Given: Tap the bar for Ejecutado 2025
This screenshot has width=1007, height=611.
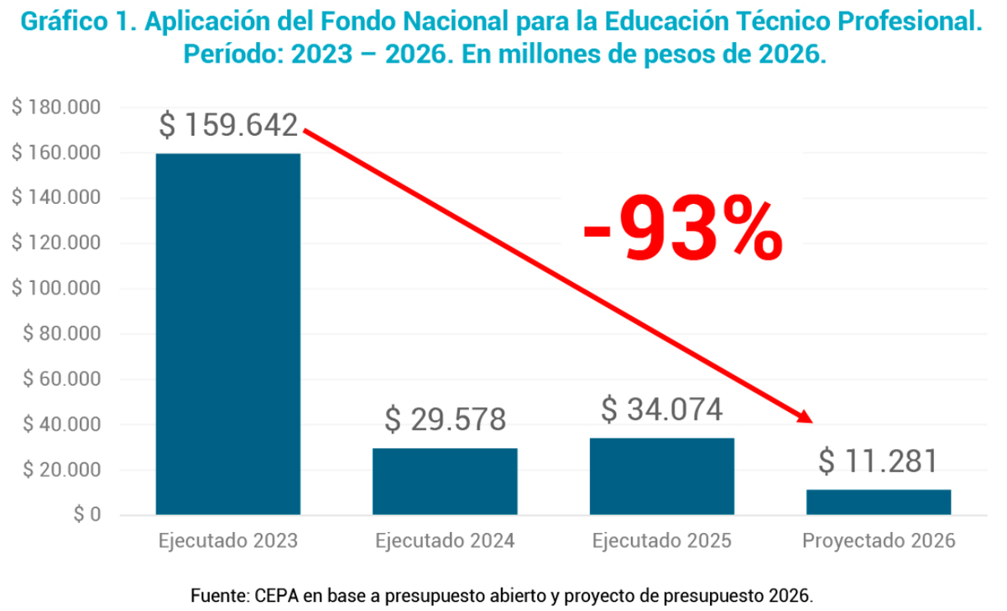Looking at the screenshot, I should click(x=662, y=476).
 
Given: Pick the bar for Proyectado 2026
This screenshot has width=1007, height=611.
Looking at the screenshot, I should click(x=879, y=501).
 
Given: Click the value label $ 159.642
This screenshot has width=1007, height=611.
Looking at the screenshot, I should click(x=228, y=126).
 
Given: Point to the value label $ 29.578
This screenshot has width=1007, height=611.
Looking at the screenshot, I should click(x=445, y=419).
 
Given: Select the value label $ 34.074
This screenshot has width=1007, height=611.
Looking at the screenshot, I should click(x=661, y=410).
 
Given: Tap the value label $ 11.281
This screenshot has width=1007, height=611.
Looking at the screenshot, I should click(x=878, y=461).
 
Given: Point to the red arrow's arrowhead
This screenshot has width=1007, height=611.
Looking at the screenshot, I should click(x=806, y=417).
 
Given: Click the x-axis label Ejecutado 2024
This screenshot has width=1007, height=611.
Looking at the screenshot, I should click(x=445, y=540).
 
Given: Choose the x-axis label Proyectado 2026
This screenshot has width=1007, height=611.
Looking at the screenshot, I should click(x=878, y=540).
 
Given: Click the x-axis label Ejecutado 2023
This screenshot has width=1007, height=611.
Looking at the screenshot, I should click(x=228, y=540).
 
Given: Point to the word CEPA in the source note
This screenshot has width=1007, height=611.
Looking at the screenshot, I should click(x=270, y=596).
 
